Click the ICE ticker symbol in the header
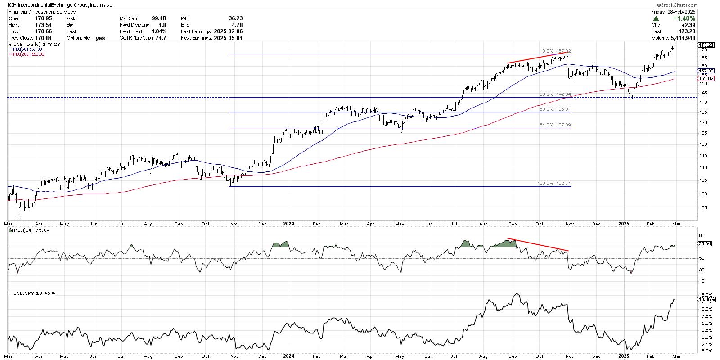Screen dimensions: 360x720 click(x=13, y=5)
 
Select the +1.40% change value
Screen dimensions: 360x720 click(x=685, y=18)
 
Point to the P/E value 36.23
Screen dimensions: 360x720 click(x=235, y=18)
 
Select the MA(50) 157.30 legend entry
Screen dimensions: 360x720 click(x=26, y=49)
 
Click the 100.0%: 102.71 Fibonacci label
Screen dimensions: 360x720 click(x=554, y=184)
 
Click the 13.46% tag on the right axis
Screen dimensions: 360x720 click(x=705, y=299)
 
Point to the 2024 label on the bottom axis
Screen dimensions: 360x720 click(x=288, y=223)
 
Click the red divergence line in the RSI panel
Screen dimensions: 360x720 click(x=538, y=244)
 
